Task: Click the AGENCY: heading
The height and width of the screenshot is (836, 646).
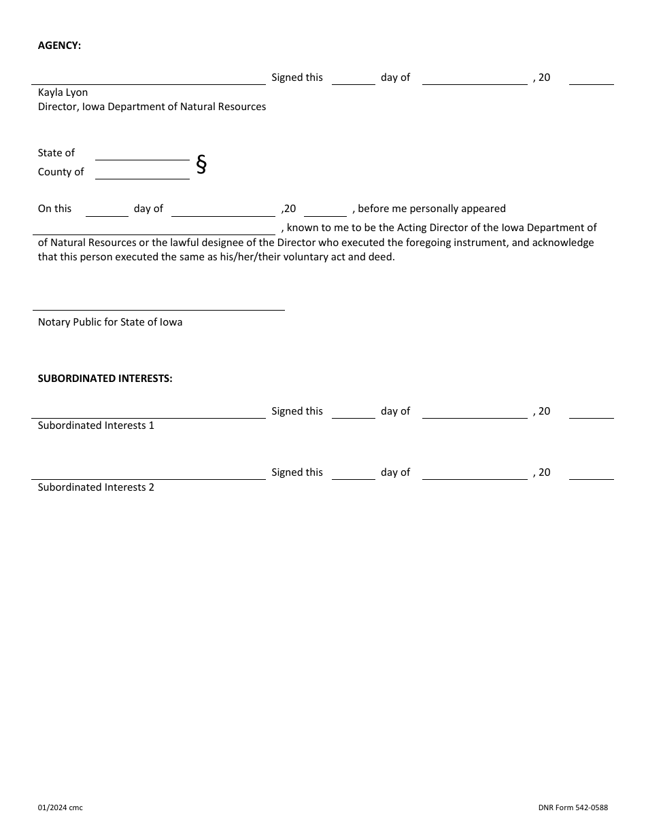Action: (59, 46)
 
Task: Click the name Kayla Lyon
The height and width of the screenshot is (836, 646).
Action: (63, 92)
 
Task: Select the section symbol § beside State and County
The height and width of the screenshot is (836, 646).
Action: (201, 164)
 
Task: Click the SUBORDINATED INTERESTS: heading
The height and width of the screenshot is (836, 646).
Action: (105, 379)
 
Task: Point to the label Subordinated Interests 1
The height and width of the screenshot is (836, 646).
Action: (96, 425)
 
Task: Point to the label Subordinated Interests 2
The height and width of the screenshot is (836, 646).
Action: (96, 487)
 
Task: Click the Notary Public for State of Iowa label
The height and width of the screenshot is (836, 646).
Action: (110, 322)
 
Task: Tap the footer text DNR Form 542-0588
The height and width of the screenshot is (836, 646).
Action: (573, 807)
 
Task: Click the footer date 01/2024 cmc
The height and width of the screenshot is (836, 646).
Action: (60, 807)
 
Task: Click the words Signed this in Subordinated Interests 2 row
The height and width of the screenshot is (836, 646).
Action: (297, 472)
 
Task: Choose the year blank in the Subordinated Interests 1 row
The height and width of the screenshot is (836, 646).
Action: (591, 413)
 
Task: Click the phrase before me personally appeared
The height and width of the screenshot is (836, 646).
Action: (431, 209)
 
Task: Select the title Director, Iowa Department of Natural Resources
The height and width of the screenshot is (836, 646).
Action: (152, 107)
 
